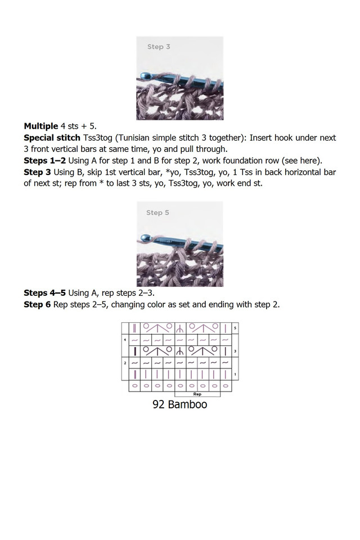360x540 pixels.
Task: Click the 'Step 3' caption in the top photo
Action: (159, 47)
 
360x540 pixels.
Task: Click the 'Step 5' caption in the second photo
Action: (157, 213)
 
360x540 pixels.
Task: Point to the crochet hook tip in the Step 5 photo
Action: (141, 239)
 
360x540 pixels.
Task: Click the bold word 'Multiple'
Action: (40, 125)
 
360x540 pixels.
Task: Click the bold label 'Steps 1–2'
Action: (44, 160)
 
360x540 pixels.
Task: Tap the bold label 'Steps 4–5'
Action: (44, 292)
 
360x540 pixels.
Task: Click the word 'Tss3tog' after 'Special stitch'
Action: (98, 138)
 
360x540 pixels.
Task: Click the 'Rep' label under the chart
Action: (197, 394)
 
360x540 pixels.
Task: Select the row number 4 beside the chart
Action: (124, 339)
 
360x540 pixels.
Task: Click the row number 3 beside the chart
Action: (235, 351)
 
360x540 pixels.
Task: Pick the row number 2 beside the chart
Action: (124, 363)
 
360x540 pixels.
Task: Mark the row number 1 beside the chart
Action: (235, 375)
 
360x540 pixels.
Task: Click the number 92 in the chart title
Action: (159, 404)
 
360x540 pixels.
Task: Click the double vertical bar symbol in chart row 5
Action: (134, 327)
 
